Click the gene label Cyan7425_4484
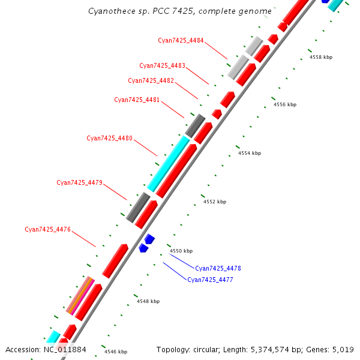[x=181, y=41]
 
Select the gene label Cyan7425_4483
[x=162, y=66]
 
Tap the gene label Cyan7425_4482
[x=151, y=80]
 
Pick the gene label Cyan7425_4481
[x=137, y=100]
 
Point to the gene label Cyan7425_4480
[x=109, y=138]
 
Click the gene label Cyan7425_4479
[x=79, y=182]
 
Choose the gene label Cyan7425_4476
[x=47, y=229]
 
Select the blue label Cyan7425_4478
[x=218, y=268]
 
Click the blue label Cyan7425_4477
[x=210, y=280]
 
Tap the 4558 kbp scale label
[x=321, y=57]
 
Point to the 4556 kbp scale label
[x=285, y=104]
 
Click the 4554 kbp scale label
[x=250, y=153]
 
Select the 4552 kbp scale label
[x=215, y=202]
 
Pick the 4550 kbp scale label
[x=181, y=251]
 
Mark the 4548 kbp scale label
[x=148, y=301]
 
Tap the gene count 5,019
[x=343, y=349]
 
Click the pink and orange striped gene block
[x=80, y=295]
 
